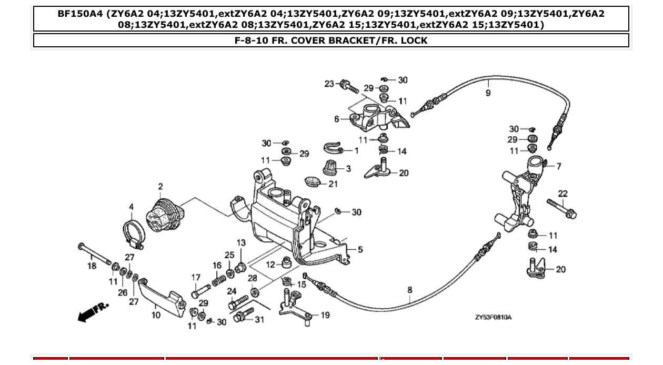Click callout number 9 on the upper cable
tap(488, 93)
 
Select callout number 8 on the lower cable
tap(410, 289)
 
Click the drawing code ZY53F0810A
tap(493, 317)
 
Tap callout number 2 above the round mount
tap(160, 186)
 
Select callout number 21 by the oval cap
tap(333, 184)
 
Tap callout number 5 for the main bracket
tap(360, 249)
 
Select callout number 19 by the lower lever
tap(325, 315)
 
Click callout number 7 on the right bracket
tap(558, 166)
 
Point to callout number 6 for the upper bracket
tap(337, 119)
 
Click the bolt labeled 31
tap(243, 317)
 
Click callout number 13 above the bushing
tap(241, 243)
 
